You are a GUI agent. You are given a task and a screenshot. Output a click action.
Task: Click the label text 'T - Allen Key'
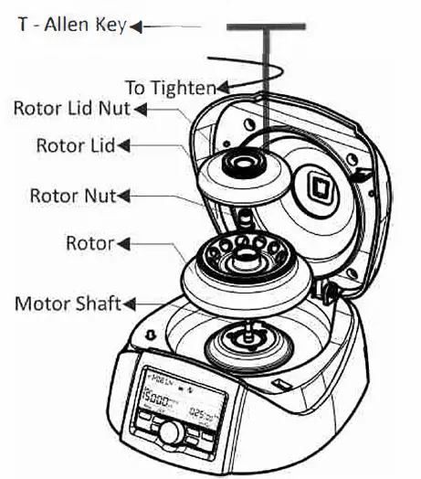click(72, 25)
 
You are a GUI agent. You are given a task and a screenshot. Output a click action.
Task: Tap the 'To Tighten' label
click(169, 89)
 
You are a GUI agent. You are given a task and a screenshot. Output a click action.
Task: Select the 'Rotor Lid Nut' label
click(72, 110)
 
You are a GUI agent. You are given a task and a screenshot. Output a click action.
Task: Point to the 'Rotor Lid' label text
click(77, 145)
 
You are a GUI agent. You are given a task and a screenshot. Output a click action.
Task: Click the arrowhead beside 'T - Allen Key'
click(137, 27)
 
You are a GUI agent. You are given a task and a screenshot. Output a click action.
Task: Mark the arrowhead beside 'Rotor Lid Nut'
click(139, 110)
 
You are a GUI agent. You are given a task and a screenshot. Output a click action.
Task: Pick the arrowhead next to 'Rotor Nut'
click(124, 195)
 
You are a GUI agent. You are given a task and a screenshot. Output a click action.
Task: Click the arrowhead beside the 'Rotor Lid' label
click(125, 145)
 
